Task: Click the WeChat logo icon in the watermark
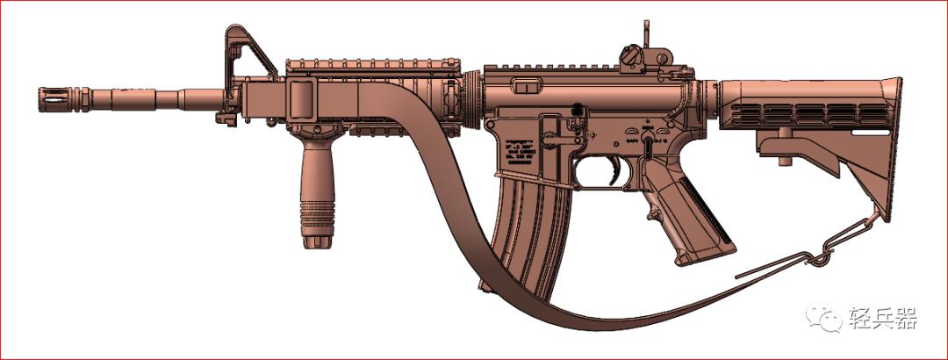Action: [827, 319]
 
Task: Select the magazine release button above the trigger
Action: [577, 109]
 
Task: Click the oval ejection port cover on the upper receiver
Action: [528, 85]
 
